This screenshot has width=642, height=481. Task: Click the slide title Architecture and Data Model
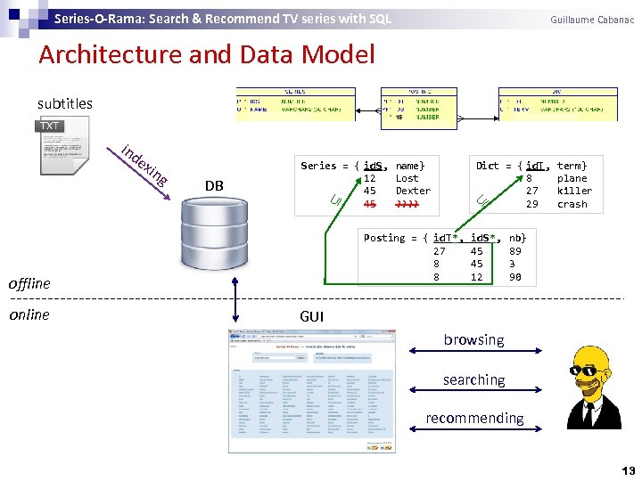207,55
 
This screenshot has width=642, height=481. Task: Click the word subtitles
65,103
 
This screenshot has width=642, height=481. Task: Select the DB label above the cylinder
214,185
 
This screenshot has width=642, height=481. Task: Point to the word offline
29,283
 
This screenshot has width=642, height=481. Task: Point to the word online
29,314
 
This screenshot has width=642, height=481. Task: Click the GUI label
312,316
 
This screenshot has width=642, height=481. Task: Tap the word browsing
473,339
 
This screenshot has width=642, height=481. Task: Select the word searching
473,379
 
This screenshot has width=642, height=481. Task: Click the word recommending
474,418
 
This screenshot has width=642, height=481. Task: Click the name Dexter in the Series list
413,191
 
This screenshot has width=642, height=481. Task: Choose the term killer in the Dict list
574,191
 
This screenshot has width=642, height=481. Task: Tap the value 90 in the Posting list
515,277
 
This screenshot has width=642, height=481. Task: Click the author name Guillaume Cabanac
592,19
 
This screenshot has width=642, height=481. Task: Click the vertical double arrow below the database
235,299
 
